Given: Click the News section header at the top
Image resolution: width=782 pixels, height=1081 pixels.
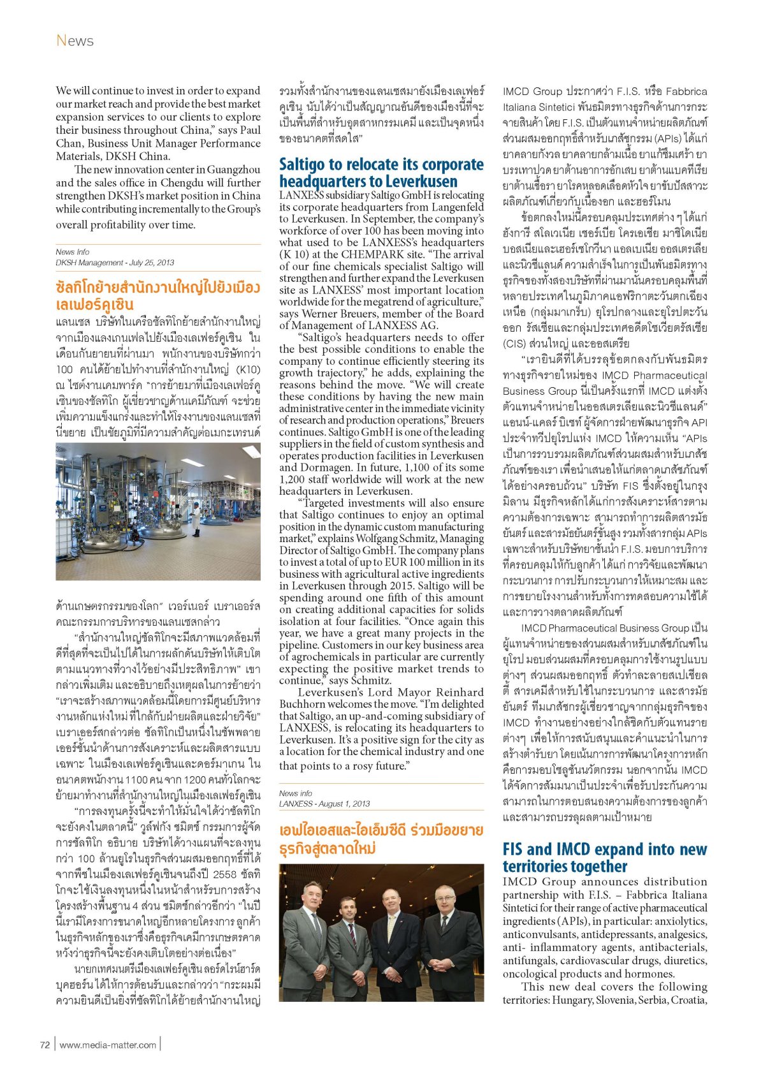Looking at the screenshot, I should click(x=75, y=41).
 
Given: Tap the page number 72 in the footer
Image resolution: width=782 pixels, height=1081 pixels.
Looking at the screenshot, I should click(x=45, y=1045).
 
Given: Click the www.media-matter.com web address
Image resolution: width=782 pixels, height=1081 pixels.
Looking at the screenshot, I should click(x=108, y=1045).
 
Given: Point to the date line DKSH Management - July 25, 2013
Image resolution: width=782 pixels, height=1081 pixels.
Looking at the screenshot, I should click(x=115, y=263).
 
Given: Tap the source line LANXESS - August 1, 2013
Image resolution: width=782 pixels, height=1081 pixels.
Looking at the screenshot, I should click(x=324, y=804).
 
